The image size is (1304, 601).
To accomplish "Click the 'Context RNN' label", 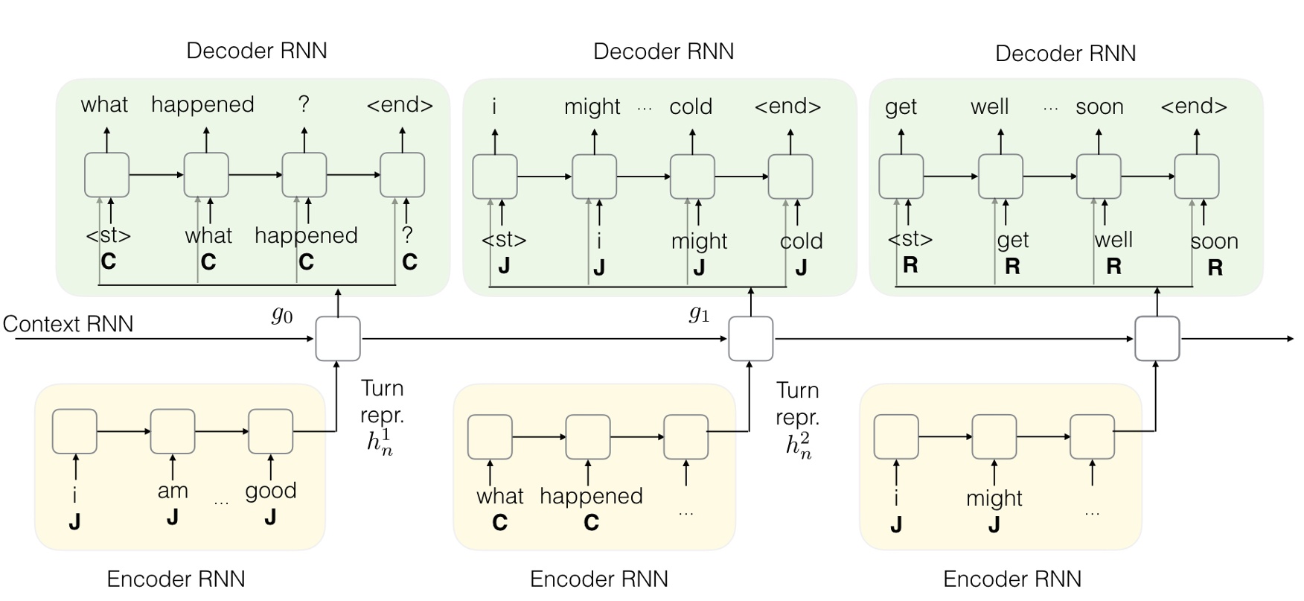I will point(68,324).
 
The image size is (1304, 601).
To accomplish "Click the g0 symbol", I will point(281,316).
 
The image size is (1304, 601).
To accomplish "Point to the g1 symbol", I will point(698,314).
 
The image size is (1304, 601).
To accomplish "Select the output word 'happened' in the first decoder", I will point(202,105).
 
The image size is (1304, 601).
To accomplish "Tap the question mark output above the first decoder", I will point(304,104).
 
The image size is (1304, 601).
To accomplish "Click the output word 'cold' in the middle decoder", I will point(691,107).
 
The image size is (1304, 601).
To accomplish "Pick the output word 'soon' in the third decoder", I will point(1099,107).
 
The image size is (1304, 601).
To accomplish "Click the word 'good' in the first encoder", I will point(271,491).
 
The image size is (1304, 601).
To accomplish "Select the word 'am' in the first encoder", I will point(173,491).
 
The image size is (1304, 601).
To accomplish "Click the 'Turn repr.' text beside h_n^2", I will point(797,404).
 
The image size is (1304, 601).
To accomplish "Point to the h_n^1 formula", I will point(380,443).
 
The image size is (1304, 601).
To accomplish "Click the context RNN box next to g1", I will point(750,339).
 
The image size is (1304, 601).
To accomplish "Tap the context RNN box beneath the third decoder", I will point(1157,339).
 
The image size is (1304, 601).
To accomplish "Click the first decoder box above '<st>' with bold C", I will point(106,175).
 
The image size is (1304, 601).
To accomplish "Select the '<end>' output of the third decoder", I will point(1194,107).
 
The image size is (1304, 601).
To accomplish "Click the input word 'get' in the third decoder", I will point(1013,240).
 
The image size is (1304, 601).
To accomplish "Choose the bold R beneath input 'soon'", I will point(1215,268).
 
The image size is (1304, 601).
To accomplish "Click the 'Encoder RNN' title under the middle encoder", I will point(598,579).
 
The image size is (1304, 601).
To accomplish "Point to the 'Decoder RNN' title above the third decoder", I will point(1065,54).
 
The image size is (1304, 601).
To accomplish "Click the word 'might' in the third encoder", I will point(994,498).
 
